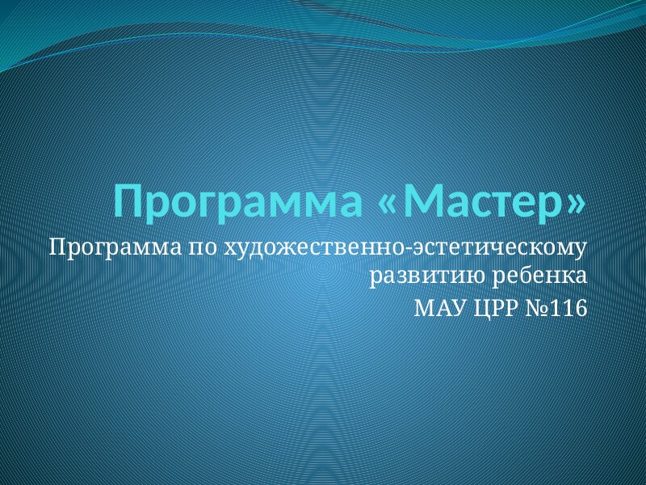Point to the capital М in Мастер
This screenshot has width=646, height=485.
click(426, 200)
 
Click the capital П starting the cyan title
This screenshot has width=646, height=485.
click(129, 200)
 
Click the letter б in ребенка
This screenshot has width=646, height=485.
click(527, 275)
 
